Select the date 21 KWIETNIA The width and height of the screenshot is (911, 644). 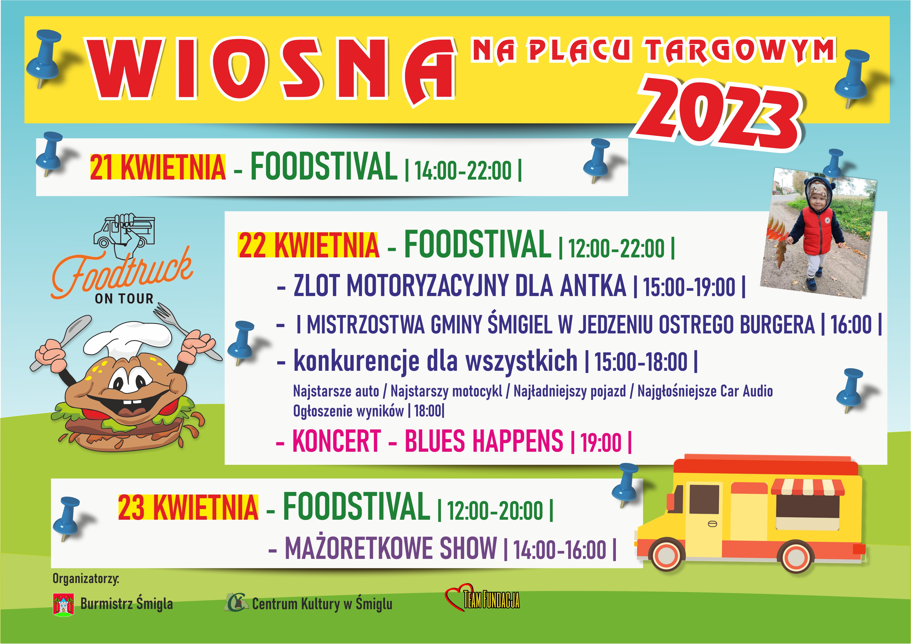(x=158, y=168)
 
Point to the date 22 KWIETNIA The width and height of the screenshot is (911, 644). (x=308, y=245)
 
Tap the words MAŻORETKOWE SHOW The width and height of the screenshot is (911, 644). (x=391, y=548)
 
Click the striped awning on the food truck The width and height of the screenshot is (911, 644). (x=808, y=488)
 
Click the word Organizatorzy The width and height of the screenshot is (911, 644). (x=86, y=579)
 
